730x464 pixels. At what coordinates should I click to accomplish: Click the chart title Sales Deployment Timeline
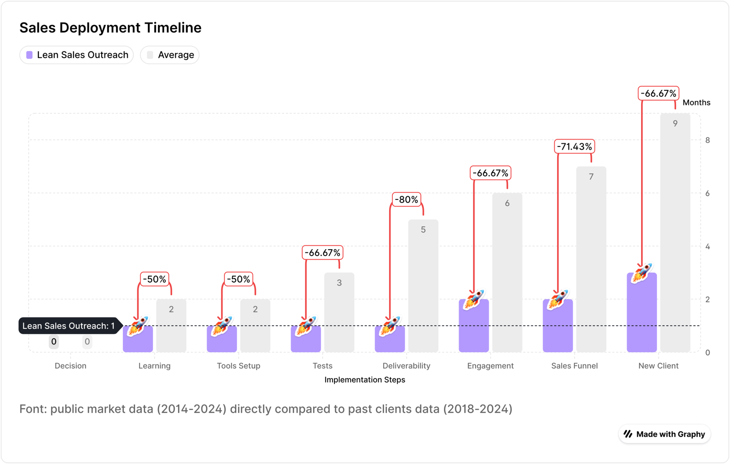click(x=110, y=28)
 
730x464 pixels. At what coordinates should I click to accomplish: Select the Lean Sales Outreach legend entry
click(x=77, y=55)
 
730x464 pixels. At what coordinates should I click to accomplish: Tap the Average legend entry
click(x=170, y=55)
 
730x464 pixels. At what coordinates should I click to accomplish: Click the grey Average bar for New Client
click(x=675, y=237)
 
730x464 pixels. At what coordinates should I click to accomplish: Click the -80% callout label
click(x=406, y=200)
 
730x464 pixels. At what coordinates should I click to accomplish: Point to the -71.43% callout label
click(x=574, y=147)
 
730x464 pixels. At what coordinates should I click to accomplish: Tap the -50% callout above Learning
click(x=154, y=279)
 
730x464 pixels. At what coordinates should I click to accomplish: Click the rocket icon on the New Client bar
click(x=641, y=273)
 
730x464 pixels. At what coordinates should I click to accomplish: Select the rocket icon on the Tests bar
click(x=306, y=326)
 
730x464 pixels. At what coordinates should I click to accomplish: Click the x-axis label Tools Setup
click(x=238, y=366)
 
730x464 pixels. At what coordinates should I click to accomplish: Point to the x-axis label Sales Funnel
click(x=574, y=366)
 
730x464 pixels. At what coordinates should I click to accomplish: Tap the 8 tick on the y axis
click(x=707, y=141)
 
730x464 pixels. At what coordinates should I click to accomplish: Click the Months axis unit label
click(x=696, y=103)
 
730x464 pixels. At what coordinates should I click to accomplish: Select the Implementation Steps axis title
click(x=365, y=380)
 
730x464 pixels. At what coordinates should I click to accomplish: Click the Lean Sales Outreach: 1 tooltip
click(x=68, y=326)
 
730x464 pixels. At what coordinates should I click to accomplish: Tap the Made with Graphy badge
click(x=664, y=434)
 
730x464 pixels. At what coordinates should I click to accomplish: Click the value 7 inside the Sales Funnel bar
click(x=591, y=177)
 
